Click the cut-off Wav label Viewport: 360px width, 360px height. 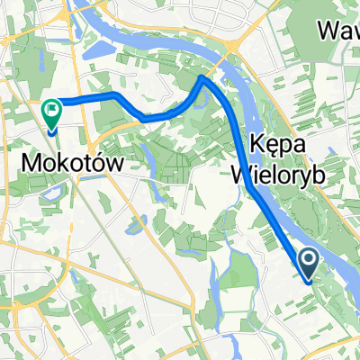340,31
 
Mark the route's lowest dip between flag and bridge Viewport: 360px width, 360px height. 144,119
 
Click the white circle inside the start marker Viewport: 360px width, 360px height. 309,263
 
